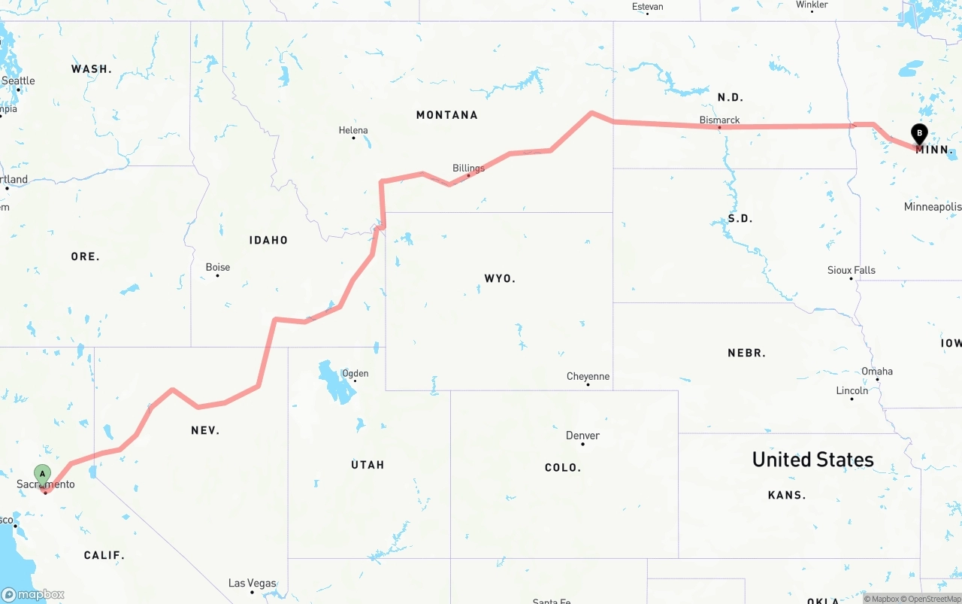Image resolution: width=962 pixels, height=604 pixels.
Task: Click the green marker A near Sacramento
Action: click(43, 475)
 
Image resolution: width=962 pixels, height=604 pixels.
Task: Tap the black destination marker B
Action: click(918, 133)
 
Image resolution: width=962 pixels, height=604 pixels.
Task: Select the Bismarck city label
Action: click(719, 120)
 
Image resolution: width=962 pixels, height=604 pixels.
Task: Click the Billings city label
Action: click(468, 168)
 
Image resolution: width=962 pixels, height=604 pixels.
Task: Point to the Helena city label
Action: click(353, 130)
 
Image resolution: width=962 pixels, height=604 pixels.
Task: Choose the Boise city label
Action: click(218, 267)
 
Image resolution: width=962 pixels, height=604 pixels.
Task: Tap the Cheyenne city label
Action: click(588, 376)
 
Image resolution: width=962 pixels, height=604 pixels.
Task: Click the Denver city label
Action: click(582, 436)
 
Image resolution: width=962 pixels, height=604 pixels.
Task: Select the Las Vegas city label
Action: click(252, 584)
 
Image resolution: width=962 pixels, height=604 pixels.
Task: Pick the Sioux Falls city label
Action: click(851, 270)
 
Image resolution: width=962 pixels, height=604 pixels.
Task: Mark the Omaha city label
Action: click(877, 371)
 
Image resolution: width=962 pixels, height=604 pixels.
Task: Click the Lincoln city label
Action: click(852, 390)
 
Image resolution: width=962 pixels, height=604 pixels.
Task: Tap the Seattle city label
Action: click(18, 80)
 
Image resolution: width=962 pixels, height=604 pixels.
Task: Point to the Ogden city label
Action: click(355, 373)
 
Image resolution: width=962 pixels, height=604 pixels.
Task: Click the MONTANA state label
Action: click(446, 115)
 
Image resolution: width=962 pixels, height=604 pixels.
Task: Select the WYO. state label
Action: click(500, 278)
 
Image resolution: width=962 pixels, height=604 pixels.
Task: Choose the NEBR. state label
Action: click(746, 353)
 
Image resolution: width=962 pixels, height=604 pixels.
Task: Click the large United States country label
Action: click(812, 460)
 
